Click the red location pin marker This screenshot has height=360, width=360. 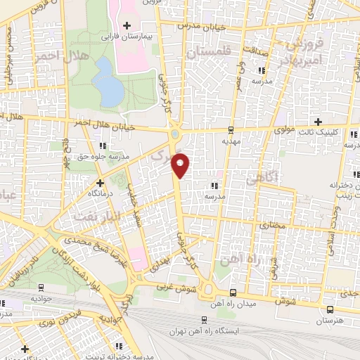tap(181, 165)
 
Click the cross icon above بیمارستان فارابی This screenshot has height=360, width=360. tap(126, 25)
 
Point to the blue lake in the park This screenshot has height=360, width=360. tap(107, 81)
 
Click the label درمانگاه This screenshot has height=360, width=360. tap(101, 191)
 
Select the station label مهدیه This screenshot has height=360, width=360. tap(231, 141)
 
